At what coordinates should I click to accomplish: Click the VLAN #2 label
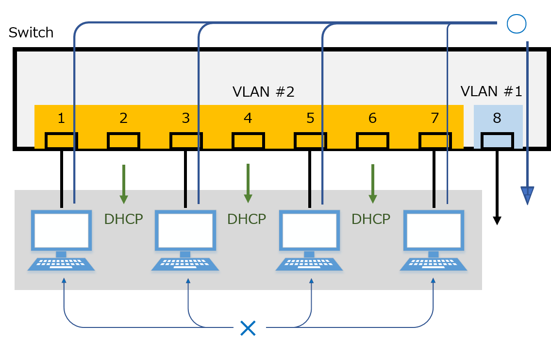click(264, 92)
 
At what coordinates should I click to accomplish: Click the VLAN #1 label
click(491, 91)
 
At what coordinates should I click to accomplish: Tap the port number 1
click(61, 118)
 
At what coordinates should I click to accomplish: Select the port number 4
click(248, 118)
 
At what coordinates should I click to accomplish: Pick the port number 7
click(435, 118)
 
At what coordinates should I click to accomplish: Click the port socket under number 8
click(497, 141)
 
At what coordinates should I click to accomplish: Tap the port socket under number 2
click(123, 141)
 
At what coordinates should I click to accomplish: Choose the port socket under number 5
click(310, 141)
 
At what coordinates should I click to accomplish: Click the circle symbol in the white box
click(516, 23)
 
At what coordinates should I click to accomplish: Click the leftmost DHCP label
click(123, 219)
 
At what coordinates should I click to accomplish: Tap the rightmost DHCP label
click(371, 219)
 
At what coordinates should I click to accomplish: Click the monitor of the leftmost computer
click(61, 230)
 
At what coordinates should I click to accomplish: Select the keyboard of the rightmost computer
click(434, 264)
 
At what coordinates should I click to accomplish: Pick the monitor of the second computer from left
click(185, 230)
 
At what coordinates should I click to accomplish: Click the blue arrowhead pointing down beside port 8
click(527, 195)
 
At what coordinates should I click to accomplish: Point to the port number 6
click(372, 118)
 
